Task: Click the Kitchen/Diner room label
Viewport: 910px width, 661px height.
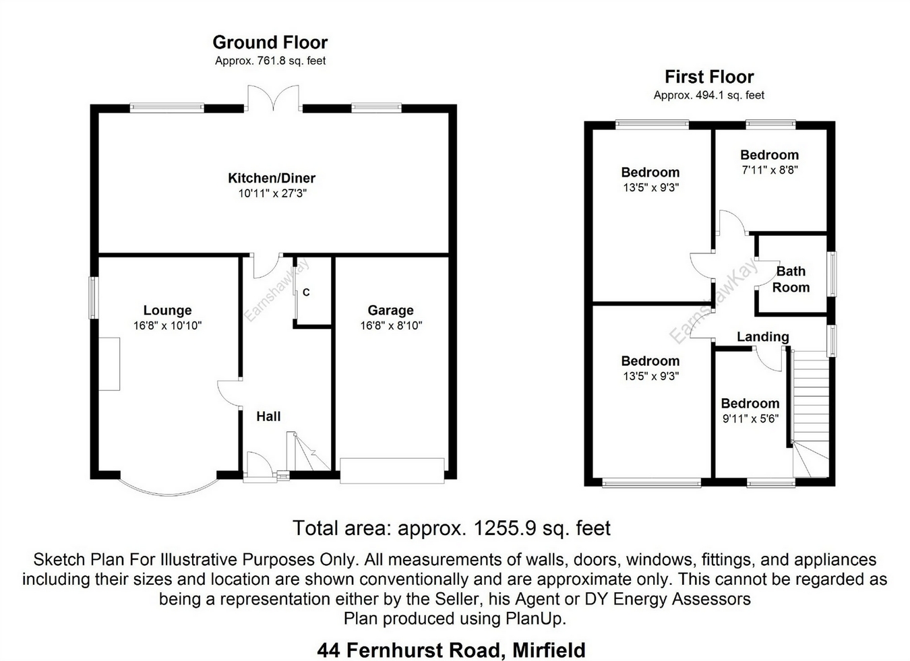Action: (x=272, y=179)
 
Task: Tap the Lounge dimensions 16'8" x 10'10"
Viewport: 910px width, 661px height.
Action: (x=167, y=326)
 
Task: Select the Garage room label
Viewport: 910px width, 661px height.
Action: (x=390, y=311)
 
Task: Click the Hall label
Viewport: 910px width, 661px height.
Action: (x=268, y=417)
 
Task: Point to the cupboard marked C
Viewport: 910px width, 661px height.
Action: (x=306, y=292)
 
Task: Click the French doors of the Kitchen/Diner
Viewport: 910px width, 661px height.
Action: (x=273, y=98)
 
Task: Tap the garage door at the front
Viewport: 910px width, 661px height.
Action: (x=392, y=470)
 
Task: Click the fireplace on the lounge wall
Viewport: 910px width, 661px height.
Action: (x=110, y=364)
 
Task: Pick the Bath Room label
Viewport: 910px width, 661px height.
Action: (x=791, y=280)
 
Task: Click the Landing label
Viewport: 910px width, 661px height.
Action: (x=762, y=337)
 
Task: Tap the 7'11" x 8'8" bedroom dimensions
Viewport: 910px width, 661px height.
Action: (x=770, y=170)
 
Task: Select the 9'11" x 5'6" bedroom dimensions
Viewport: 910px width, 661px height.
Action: (x=750, y=418)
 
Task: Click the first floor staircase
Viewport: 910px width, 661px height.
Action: (x=810, y=411)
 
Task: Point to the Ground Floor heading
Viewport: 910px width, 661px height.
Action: (x=270, y=42)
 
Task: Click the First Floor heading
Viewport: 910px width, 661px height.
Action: (x=709, y=77)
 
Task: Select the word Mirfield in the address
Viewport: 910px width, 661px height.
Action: (x=549, y=651)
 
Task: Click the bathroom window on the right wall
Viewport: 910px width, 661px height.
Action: (x=832, y=274)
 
